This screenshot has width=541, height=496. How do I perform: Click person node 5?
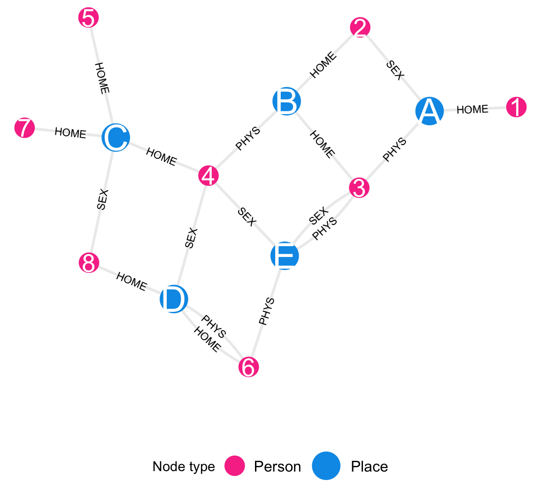tap(88, 19)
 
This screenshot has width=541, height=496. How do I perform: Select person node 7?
tap(24, 128)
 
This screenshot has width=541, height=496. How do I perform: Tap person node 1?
tap(516, 108)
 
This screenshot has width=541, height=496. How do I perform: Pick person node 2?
tap(360, 28)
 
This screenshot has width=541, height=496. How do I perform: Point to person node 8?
tap(89, 263)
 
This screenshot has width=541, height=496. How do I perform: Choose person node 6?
tap(248, 367)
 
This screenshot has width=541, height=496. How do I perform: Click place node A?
tap(429, 111)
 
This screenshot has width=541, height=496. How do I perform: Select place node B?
tap(286, 101)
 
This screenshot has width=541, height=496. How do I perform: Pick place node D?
tap(174, 299)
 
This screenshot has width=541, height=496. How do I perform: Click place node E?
tap(285, 256)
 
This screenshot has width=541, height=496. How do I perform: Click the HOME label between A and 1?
tap(472, 109)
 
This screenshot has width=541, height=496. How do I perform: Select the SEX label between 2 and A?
tap(395, 70)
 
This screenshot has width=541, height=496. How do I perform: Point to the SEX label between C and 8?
tap(102, 200)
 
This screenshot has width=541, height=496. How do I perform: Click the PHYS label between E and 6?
tap(266, 311)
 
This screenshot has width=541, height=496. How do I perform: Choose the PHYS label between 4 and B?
tap(248, 139)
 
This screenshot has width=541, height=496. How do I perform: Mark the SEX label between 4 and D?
tap(191, 238)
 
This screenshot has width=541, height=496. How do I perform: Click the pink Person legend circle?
tap(234, 466)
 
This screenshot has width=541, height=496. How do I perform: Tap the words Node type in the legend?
tap(184, 466)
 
